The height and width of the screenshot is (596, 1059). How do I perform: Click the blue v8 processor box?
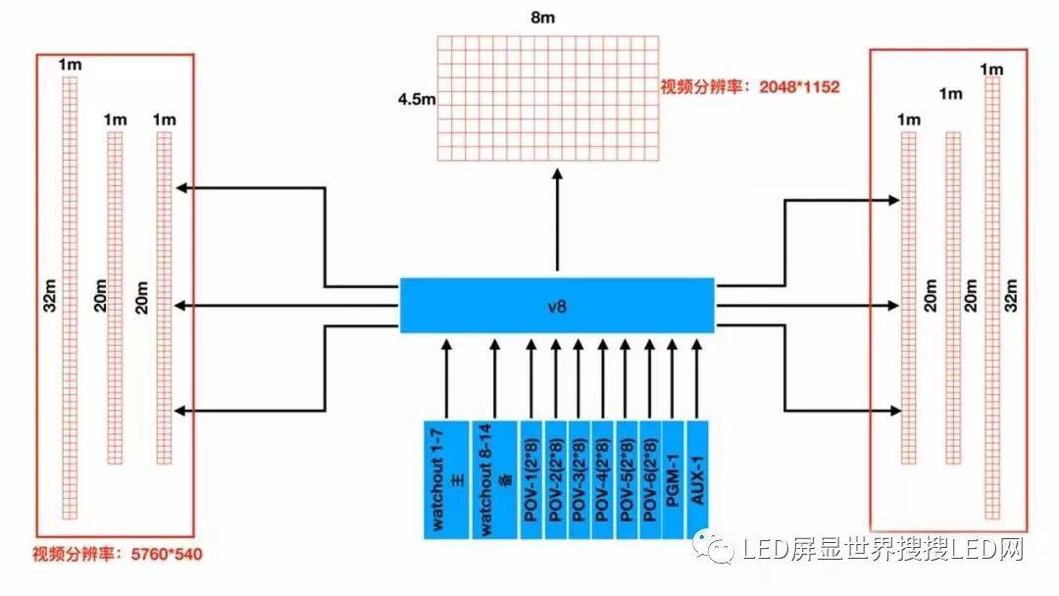(557, 305)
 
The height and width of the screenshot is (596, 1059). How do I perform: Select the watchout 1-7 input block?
(446, 479)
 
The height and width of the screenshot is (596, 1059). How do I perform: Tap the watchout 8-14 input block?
(493, 479)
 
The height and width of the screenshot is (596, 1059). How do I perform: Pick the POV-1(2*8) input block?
(530, 479)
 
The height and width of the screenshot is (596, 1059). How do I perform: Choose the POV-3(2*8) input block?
(579, 479)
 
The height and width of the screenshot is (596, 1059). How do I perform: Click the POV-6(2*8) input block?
(650, 479)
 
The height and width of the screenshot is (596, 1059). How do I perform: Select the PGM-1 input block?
(674, 479)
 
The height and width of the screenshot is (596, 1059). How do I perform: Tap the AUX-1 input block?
(697, 479)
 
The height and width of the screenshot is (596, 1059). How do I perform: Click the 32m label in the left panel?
(49, 300)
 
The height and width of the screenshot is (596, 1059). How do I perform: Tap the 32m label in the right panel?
(1014, 298)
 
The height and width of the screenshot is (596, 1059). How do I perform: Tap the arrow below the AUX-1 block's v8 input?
(697, 377)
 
